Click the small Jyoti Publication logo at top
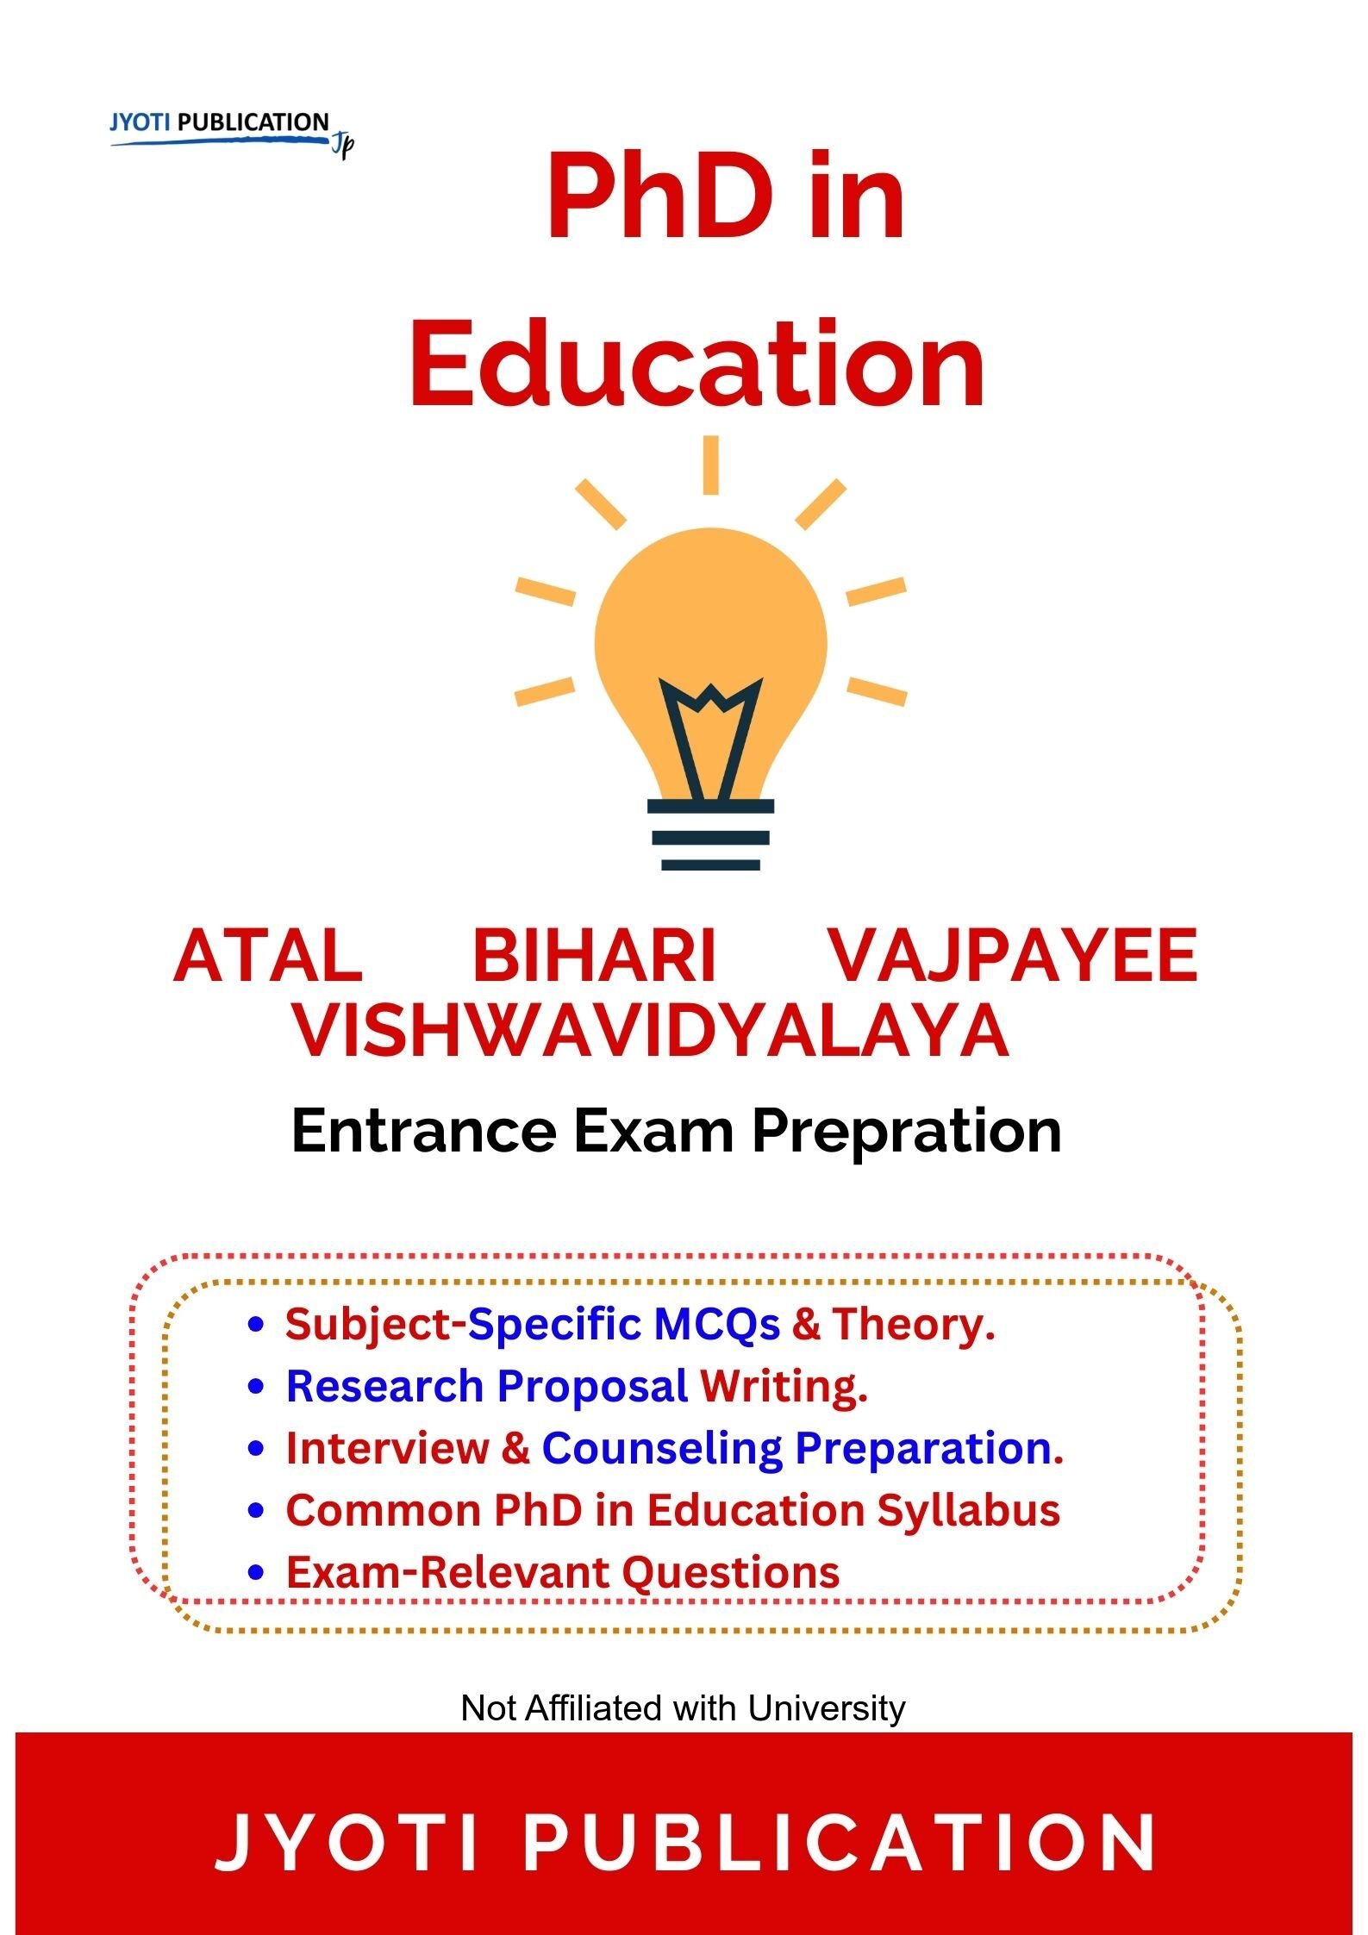[232, 132]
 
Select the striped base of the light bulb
[710, 834]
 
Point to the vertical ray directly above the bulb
[710, 465]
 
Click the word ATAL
[268, 956]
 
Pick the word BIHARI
[595, 956]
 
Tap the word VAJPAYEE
[1013, 956]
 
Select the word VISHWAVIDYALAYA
[652, 1031]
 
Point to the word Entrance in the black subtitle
[424, 1131]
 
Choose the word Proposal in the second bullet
[592, 1387]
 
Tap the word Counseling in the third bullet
[660, 1449]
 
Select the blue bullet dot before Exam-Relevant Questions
[254, 1573]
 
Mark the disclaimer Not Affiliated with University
[684, 1707]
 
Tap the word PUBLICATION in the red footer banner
[840, 1842]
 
